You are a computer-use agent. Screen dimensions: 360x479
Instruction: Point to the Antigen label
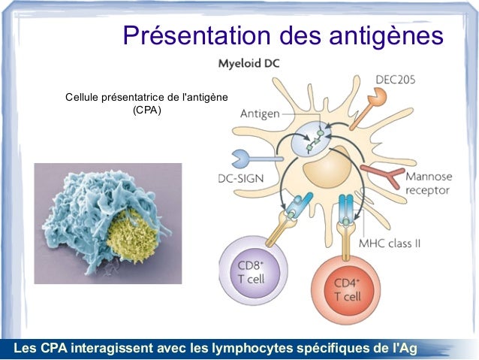[x=260, y=114]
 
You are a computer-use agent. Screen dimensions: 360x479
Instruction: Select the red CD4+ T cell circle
[x=346, y=289]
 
